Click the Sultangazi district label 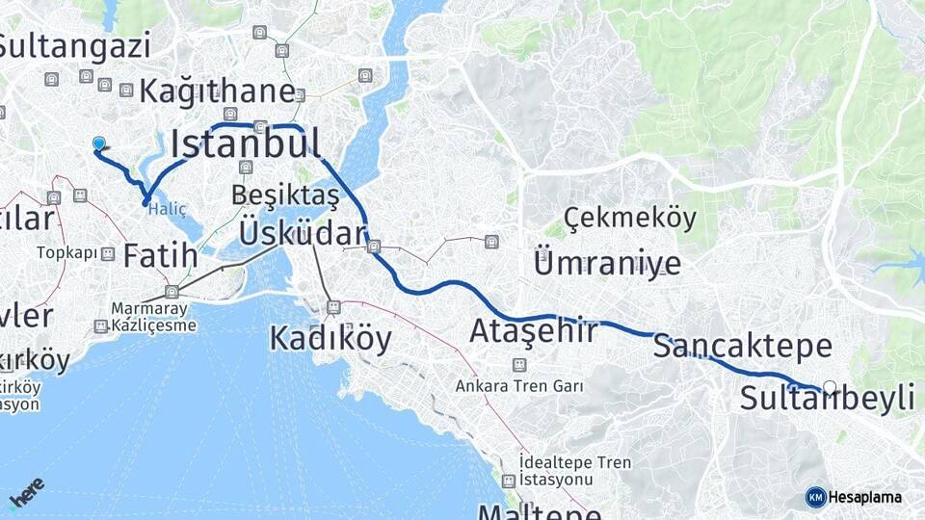coord(75,45)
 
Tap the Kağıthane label coord(217,91)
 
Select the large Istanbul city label coord(246,143)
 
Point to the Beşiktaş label coord(285,195)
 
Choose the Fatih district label coord(161,256)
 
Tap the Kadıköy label coord(330,339)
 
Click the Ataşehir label coord(533,331)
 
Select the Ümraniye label coord(606,263)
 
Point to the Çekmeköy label coord(630,219)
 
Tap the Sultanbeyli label coord(827,398)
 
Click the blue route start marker coord(98,143)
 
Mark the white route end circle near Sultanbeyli coord(830,387)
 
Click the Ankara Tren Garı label coord(520,386)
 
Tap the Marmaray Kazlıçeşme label coord(154,317)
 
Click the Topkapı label coord(67,253)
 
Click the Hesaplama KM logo coord(855,497)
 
